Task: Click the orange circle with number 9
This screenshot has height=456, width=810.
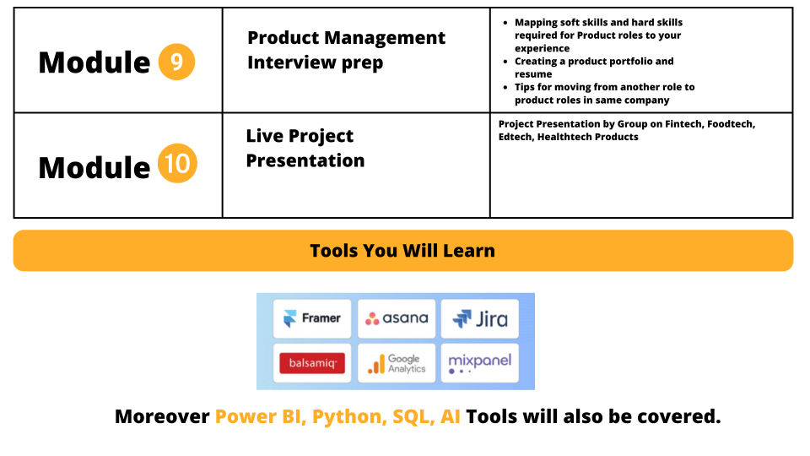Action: (x=176, y=62)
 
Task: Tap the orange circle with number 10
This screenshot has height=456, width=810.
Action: (x=177, y=163)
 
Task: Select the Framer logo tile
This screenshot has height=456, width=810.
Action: (x=312, y=318)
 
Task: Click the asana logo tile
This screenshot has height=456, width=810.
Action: (x=397, y=318)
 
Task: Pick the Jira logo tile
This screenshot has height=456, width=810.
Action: (x=480, y=318)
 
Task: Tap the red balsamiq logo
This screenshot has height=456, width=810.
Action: (x=312, y=363)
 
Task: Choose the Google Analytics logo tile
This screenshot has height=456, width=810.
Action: (x=397, y=363)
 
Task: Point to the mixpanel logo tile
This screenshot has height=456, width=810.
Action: (x=480, y=363)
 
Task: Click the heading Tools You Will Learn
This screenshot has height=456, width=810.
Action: (x=402, y=251)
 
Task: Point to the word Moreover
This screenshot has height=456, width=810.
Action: (x=162, y=416)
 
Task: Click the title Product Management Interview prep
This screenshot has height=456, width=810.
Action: (x=346, y=50)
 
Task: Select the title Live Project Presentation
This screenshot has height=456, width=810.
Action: (x=305, y=149)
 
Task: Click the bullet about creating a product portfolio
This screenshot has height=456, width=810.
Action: (x=594, y=68)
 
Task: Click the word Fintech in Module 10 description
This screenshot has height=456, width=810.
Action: (x=683, y=124)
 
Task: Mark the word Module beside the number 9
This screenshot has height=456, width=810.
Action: (x=94, y=62)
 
